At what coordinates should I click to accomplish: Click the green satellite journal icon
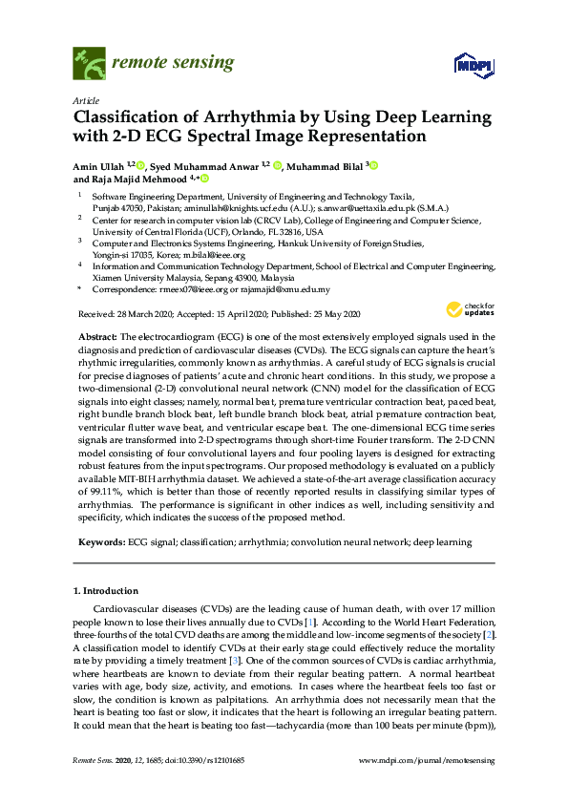89,64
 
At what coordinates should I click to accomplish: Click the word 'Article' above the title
86,99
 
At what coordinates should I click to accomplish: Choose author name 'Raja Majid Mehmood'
138,179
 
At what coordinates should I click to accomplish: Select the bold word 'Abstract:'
95,337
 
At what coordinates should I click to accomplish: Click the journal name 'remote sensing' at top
173,63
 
